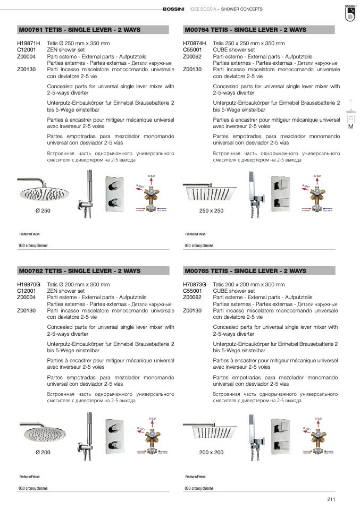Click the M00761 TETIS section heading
[79, 30]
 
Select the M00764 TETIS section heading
[245, 30]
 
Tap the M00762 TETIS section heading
[79, 270]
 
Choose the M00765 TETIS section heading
[245, 270]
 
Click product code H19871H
[29, 44]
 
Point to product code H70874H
[194, 44]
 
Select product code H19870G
[29, 284]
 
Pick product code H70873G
[194, 284]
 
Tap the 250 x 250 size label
[211, 211]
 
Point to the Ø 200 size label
[43, 452]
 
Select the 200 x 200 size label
[211, 452]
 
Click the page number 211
[331, 498]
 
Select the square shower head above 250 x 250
[210, 187]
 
